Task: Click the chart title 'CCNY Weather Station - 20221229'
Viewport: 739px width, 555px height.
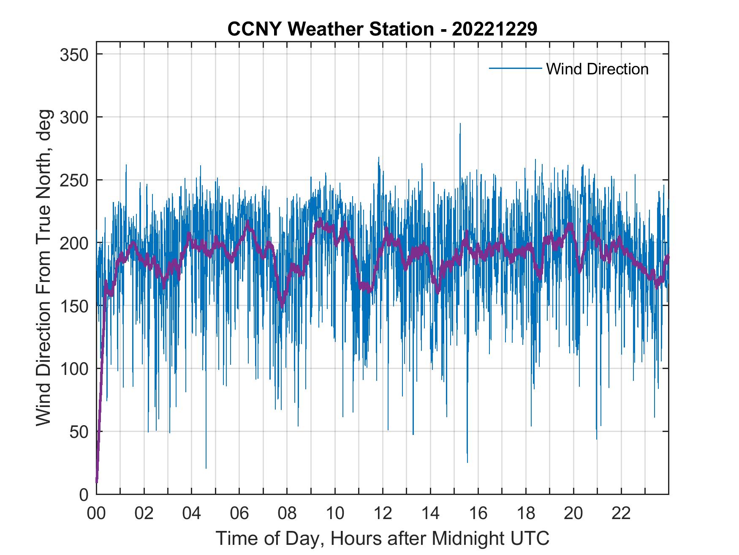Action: click(x=382, y=29)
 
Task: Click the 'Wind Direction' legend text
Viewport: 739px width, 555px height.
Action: click(x=597, y=69)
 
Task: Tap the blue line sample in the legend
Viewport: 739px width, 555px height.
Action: click(x=515, y=68)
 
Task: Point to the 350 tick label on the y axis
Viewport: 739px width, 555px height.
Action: click(x=74, y=55)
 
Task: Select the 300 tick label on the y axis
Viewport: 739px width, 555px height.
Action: click(x=74, y=117)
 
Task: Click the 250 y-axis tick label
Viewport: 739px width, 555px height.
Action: click(x=74, y=180)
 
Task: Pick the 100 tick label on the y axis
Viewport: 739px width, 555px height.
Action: click(x=74, y=369)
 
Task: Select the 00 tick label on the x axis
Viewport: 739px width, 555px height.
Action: click(x=96, y=514)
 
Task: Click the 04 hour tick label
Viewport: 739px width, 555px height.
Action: click(x=192, y=514)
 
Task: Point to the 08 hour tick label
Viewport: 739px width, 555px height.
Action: click(x=287, y=514)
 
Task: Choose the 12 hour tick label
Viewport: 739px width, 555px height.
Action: click(x=383, y=514)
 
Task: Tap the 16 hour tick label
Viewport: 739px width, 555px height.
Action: click(x=478, y=514)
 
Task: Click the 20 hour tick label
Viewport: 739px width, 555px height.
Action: click(x=573, y=514)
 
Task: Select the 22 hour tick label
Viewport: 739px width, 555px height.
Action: click(x=621, y=514)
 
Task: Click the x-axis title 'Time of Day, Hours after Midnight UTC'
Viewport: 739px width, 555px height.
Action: click(x=383, y=538)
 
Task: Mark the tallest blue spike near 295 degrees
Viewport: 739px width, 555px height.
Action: click(x=460, y=124)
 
